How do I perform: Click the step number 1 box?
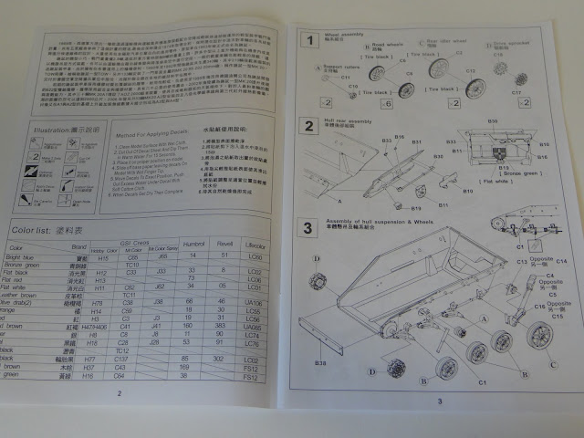pos(311,40)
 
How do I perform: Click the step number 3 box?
pos(310,227)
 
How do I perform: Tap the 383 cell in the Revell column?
pos(219,325)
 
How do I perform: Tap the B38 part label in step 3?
pos(321,363)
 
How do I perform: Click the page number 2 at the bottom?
pos(119,393)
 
